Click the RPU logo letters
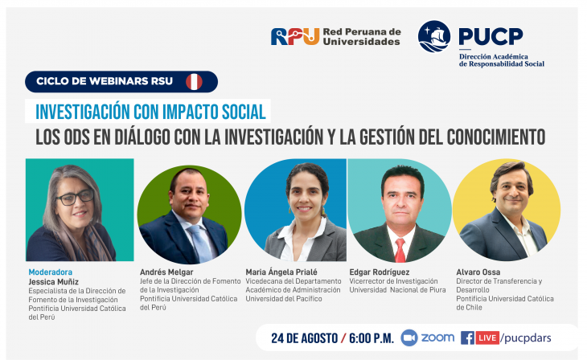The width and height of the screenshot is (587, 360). [x=295, y=37]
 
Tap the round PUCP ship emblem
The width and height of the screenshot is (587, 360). [x=434, y=36]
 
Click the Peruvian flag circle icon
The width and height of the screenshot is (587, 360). [x=194, y=82]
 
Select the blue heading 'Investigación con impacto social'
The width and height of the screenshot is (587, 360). [x=150, y=112]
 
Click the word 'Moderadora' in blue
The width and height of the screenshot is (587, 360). [x=51, y=272]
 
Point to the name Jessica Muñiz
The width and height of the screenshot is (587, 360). [x=54, y=282]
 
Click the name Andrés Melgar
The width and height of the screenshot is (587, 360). [x=166, y=272]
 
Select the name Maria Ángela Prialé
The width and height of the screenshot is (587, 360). [x=281, y=272]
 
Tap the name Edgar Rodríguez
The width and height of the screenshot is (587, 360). [x=380, y=272]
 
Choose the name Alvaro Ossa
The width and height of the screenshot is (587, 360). [x=478, y=272]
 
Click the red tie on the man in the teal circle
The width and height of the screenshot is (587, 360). [x=400, y=250]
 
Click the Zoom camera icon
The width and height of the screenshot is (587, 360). [x=409, y=338]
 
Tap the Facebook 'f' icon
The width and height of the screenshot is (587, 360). [x=467, y=338]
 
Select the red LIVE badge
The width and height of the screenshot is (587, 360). [x=487, y=338]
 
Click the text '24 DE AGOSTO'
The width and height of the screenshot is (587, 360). [x=305, y=338]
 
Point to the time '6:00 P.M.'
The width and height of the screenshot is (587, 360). [x=371, y=338]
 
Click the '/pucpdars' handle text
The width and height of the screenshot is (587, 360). [x=526, y=338]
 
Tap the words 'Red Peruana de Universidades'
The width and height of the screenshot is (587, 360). [x=362, y=37]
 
